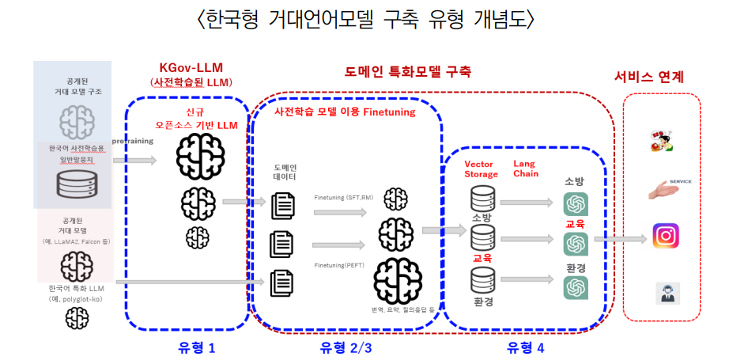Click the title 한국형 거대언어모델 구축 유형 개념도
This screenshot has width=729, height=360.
pos(364,18)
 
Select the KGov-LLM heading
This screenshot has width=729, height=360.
pos(190,68)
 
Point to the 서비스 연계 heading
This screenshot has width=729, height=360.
pos(649,77)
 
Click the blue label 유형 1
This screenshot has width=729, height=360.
pos(192,347)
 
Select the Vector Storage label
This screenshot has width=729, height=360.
pos(481,169)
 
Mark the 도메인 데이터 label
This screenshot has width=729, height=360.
pos(285,173)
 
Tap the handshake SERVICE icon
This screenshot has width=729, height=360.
pos(667,188)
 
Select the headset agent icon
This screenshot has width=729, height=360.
pos(665,293)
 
